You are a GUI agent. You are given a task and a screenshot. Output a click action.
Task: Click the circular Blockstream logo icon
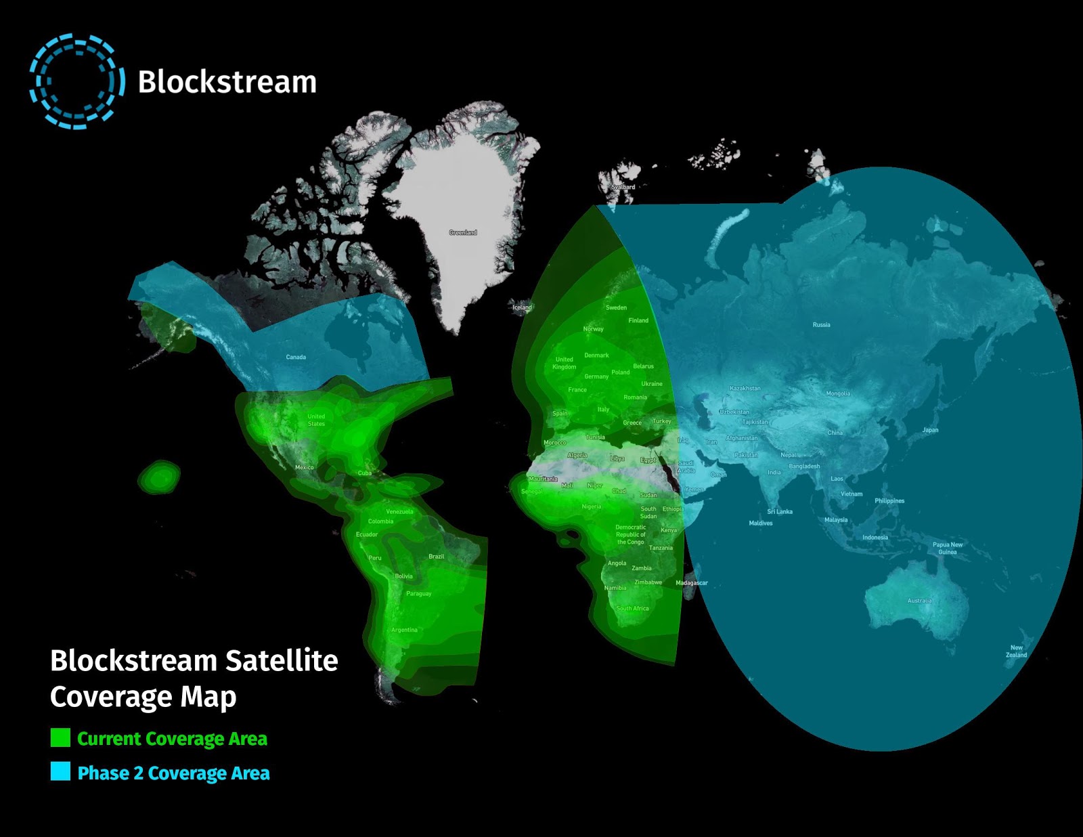tap(76, 81)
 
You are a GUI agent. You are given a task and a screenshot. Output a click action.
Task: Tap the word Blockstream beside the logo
tap(227, 82)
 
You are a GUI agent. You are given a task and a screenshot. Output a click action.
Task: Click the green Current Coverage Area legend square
tap(60, 737)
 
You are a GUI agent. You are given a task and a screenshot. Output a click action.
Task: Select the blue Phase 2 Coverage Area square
tap(60, 771)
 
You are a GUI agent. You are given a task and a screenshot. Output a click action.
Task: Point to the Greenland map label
tap(463, 232)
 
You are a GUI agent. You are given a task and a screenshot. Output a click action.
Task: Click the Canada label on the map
tap(296, 357)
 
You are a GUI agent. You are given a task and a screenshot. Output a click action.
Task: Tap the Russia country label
tap(821, 325)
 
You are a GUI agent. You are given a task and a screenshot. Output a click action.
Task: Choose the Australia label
tap(919, 601)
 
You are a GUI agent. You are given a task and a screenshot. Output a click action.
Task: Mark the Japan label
tap(930, 430)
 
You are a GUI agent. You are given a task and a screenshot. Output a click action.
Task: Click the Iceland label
tap(522, 307)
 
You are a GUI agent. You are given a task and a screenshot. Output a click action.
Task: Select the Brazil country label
tap(436, 557)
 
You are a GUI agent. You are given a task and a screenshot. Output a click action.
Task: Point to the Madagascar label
tap(691, 583)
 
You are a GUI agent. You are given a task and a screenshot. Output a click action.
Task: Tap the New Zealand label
tap(1016, 651)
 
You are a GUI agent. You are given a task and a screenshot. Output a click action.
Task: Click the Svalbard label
tap(623, 187)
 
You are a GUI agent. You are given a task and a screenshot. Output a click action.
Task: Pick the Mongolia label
tap(838, 393)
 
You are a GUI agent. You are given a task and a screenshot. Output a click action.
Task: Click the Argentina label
tap(404, 630)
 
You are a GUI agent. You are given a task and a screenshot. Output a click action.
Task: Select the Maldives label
tap(761, 523)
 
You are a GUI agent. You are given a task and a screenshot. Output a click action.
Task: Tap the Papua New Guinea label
tap(947, 548)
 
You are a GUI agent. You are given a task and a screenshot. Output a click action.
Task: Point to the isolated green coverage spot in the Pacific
tap(160, 477)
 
